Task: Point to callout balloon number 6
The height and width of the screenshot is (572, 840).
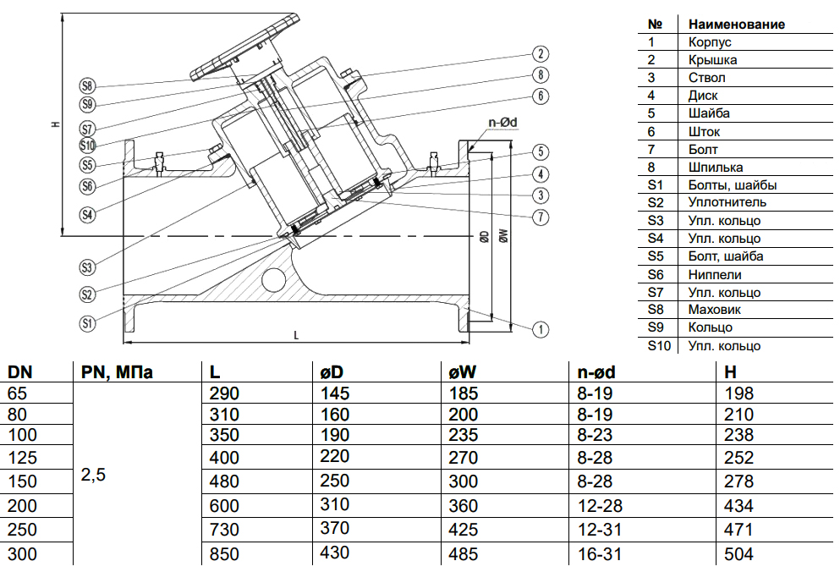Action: coord(542,96)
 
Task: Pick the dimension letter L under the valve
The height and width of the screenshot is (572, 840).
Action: coord(296,336)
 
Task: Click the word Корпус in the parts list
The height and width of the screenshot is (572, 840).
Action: coord(710,41)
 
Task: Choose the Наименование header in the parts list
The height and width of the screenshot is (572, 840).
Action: coord(736,24)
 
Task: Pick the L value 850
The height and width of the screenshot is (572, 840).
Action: coord(224,554)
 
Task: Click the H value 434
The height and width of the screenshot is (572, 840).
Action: coord(740,506)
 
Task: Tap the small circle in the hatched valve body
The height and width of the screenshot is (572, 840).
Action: coord(272,279)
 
